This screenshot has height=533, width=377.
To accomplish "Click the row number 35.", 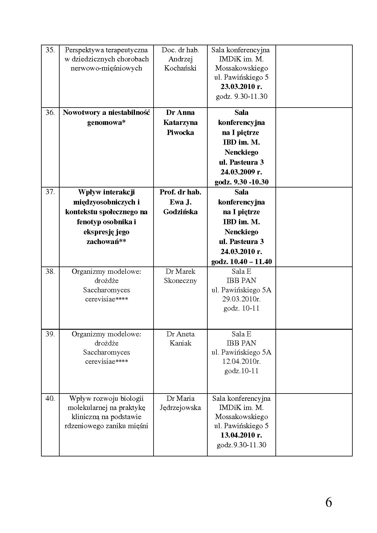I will (x=50, y=50).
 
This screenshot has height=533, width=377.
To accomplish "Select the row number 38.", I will (x=50, y=271).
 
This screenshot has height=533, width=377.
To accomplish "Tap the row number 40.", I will (x=50, y=398).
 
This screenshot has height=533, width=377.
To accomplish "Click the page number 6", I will (x=329, y=503).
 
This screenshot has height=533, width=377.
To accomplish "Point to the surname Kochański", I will (x=180, y=68).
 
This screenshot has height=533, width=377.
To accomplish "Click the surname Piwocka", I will (x=180, y=132).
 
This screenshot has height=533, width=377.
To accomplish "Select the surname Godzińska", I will (x=180, y=212).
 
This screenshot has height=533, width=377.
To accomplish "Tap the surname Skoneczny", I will (x=180, y=280).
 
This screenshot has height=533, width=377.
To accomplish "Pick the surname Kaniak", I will (x=180, y=343).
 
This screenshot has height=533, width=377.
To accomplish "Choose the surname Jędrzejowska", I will (x=180, y=407).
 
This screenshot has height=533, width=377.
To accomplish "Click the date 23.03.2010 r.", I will (x=241, y=87).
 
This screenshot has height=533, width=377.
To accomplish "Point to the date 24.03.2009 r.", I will (x=241, y=172).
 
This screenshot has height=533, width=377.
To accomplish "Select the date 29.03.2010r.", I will (x=241, y=299).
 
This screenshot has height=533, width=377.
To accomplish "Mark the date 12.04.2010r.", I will (x=241, y=361).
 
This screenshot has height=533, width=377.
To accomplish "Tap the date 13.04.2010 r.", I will (x=241, y=435).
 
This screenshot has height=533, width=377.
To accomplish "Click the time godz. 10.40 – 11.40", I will (x=241, y=262).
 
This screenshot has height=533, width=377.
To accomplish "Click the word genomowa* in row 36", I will (x=106, y=122).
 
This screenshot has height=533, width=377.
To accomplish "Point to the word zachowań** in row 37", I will (x=106, y=242).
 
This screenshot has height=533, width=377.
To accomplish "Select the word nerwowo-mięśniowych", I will (x=106, y=68).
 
